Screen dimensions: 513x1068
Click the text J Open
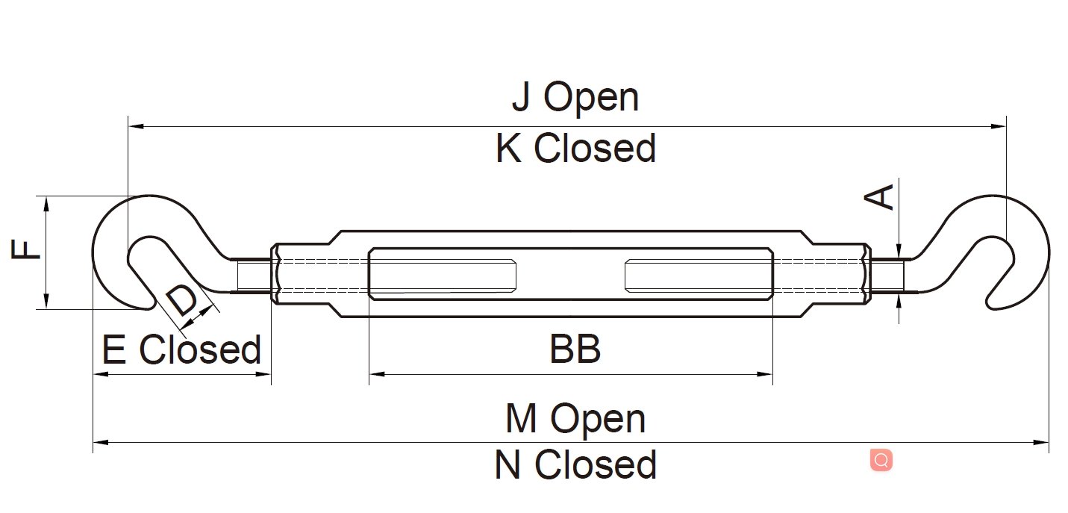click(575, 98)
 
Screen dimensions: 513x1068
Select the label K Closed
click(575, 149)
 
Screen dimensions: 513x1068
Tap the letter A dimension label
click(881, 197)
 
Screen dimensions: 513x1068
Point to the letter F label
click(27, 249)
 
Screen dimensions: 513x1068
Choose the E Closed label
click(181, 349)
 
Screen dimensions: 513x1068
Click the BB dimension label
click(575, 349)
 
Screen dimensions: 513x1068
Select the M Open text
click(575, 419)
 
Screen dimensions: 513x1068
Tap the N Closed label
click(575, 464)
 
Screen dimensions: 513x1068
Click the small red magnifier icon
click(881, 460)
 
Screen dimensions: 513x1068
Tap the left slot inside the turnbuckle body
click(443, 274)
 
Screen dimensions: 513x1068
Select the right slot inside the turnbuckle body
click(699, 274)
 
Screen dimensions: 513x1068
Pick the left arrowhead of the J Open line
click(134, 127)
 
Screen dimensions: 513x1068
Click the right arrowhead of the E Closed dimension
click(265, 373)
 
